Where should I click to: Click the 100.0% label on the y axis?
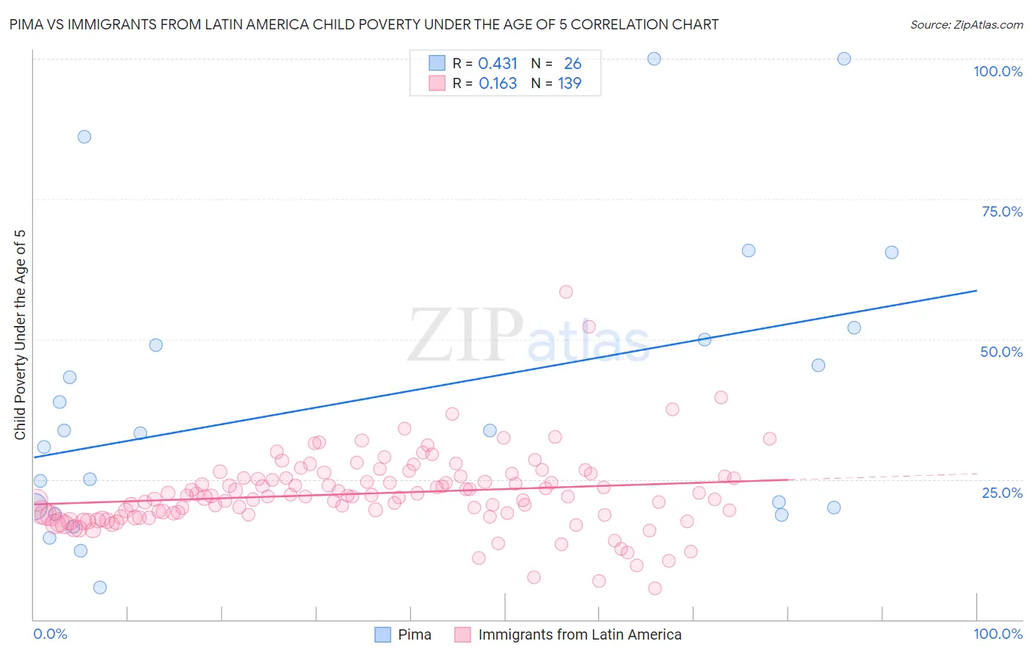(998, 71)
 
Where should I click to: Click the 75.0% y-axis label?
(1002, 211)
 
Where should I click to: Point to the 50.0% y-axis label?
(1001, 352)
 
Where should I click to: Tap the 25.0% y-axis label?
(1002, 493)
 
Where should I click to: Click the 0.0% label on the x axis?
(50, 634)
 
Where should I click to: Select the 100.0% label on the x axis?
(998, 634)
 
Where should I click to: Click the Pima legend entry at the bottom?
(414, 634)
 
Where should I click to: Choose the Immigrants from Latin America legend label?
(579, 634)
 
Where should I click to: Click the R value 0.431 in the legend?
(498, 64)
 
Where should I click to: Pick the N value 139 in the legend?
(570, 84)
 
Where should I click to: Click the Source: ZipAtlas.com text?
(966, 25)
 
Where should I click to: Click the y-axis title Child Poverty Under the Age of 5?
(21, 335)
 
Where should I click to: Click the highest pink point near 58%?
(566, 292)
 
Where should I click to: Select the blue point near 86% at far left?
(84, 137)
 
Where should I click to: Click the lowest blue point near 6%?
(100, 587)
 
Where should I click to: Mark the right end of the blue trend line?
(976, 291)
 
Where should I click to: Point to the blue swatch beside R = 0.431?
(437, 63)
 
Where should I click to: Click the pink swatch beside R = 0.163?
(437, 83)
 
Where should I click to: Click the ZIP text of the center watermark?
(465, 336)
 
